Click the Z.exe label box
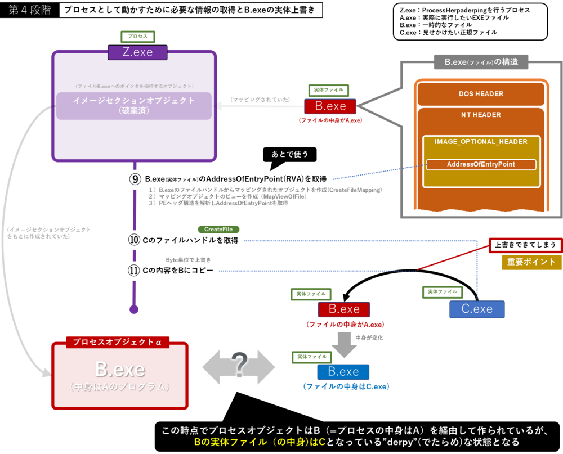click(x=137, y=52)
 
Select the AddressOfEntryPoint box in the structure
click(x=481, y=164)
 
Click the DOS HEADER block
click(x=481, y=94)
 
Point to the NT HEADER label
click(x=481, y=115)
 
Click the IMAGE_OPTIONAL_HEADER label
click(x=481, y=142)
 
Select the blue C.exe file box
click(x=477, y=309)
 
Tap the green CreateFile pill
click(x=218, y=230)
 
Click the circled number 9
click(x=135, y=179)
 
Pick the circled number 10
click(x=134, y=240)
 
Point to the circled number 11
click(x=134, y=271)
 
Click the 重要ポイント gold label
click(x=531, y=262)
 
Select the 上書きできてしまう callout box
click(x=524, y=245)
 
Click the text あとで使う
click(x=289, y=154)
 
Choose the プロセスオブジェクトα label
click(x=117, y=342)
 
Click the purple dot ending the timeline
click(x=133, y=309)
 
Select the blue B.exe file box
click(x=343, y=372)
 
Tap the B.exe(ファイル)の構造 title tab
click(x=481, y=62)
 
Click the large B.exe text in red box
click(x=119, y=369)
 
